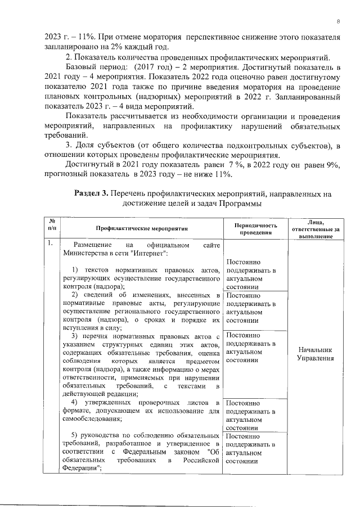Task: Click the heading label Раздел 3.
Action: (91, 193)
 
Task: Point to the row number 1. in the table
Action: (51, 243)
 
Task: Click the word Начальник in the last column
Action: (315, 349)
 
